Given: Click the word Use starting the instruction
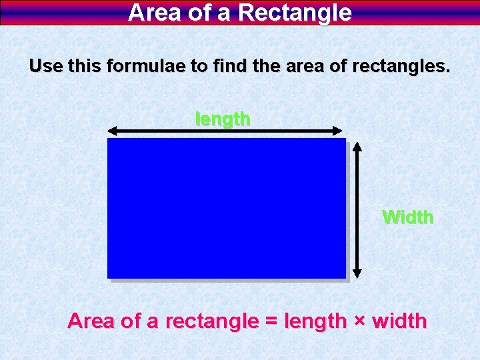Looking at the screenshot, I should pyautogui.click(x=44, y=67).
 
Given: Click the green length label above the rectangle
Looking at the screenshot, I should pyautogui.click(x=223, y=119).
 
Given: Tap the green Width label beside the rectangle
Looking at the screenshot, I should pyautogui.click(x=407, y=217).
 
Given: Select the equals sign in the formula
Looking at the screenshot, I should pyautogui.click(x=271, y=321).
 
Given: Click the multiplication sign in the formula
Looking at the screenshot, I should pyautogui.click(x=359, y=322).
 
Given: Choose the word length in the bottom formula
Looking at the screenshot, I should pyautogui.click(x=315, y=321).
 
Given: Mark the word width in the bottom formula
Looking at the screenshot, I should pyautogui.click(x=399, y=321).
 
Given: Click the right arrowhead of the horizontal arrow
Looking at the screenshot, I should pyautogui.click(x=338, y=131).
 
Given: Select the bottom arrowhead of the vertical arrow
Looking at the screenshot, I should pyautogui.click(x=357, y=273).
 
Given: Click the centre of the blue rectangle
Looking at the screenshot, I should pyautogui.click(x=226, y=208).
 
